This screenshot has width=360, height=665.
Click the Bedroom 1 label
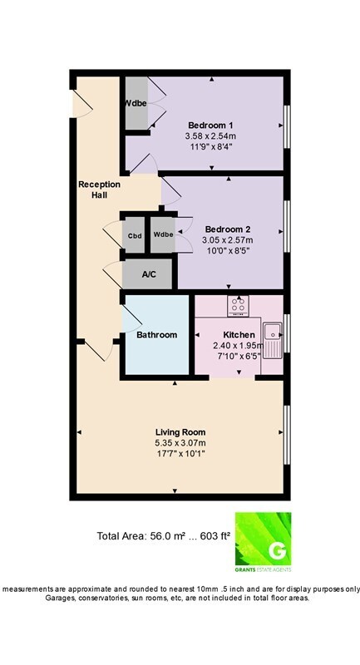pos(210,126)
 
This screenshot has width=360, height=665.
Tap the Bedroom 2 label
pos(228,229)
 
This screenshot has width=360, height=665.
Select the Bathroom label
pos(157,335)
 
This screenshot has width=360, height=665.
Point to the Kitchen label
pos(239,335)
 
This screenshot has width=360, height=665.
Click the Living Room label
pos(180,432)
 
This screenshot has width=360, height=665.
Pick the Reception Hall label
pos(99,190)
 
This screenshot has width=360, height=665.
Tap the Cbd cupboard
pos(134,235)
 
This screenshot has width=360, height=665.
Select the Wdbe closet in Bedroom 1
pos(136,103)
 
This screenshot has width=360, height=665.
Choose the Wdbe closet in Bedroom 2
pos(163,235)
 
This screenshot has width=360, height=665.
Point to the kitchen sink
pos(272,340)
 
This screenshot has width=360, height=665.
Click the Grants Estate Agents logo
pos(264,542)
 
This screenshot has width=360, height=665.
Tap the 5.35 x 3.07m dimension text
pos(180,443)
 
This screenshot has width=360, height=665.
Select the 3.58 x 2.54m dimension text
pos(210,136)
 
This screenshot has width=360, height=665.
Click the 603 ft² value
pos(215,535)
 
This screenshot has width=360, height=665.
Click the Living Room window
pos(287,435)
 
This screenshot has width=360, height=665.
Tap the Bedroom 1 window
pos(287,126)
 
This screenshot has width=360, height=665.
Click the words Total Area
pos(121,535)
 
